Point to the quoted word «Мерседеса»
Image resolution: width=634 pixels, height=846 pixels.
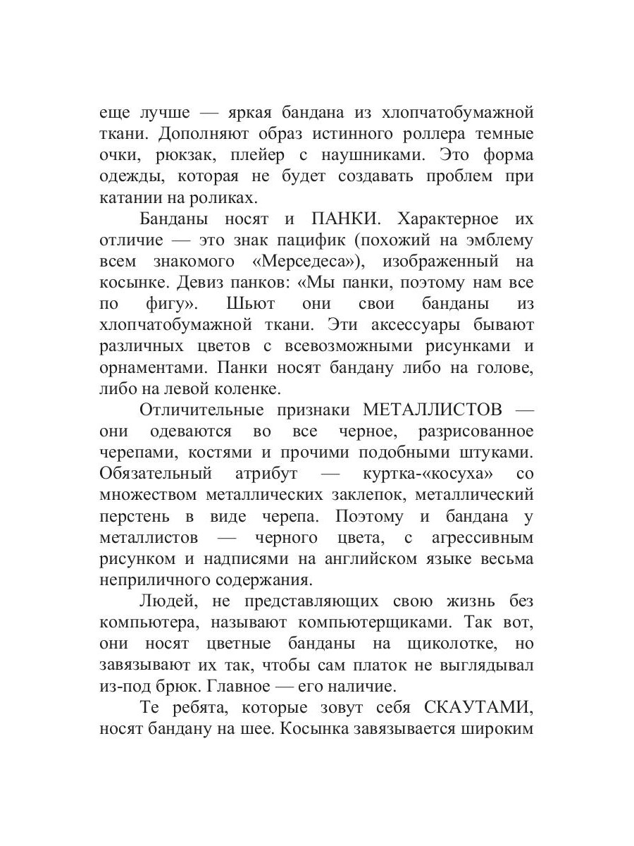[312, 262]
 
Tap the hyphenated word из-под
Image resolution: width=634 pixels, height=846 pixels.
[125, 687]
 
